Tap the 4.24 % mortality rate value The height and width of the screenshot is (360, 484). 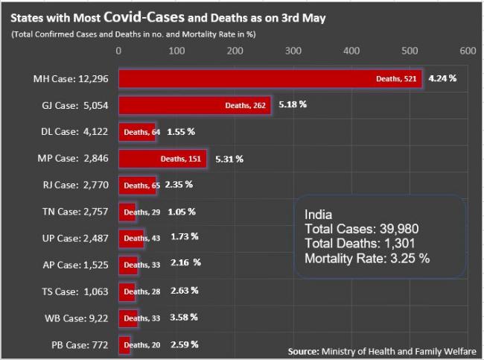click(x=443, y=78)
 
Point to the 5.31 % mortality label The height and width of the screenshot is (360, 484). click(x=229, y=158)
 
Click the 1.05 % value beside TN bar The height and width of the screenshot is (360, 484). click(x=182, y=212)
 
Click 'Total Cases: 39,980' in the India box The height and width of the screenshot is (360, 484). click(x=358, y=230)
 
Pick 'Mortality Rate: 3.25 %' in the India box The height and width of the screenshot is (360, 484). click(x=367, y=258)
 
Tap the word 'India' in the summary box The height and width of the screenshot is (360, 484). click(x=319, y=215)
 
